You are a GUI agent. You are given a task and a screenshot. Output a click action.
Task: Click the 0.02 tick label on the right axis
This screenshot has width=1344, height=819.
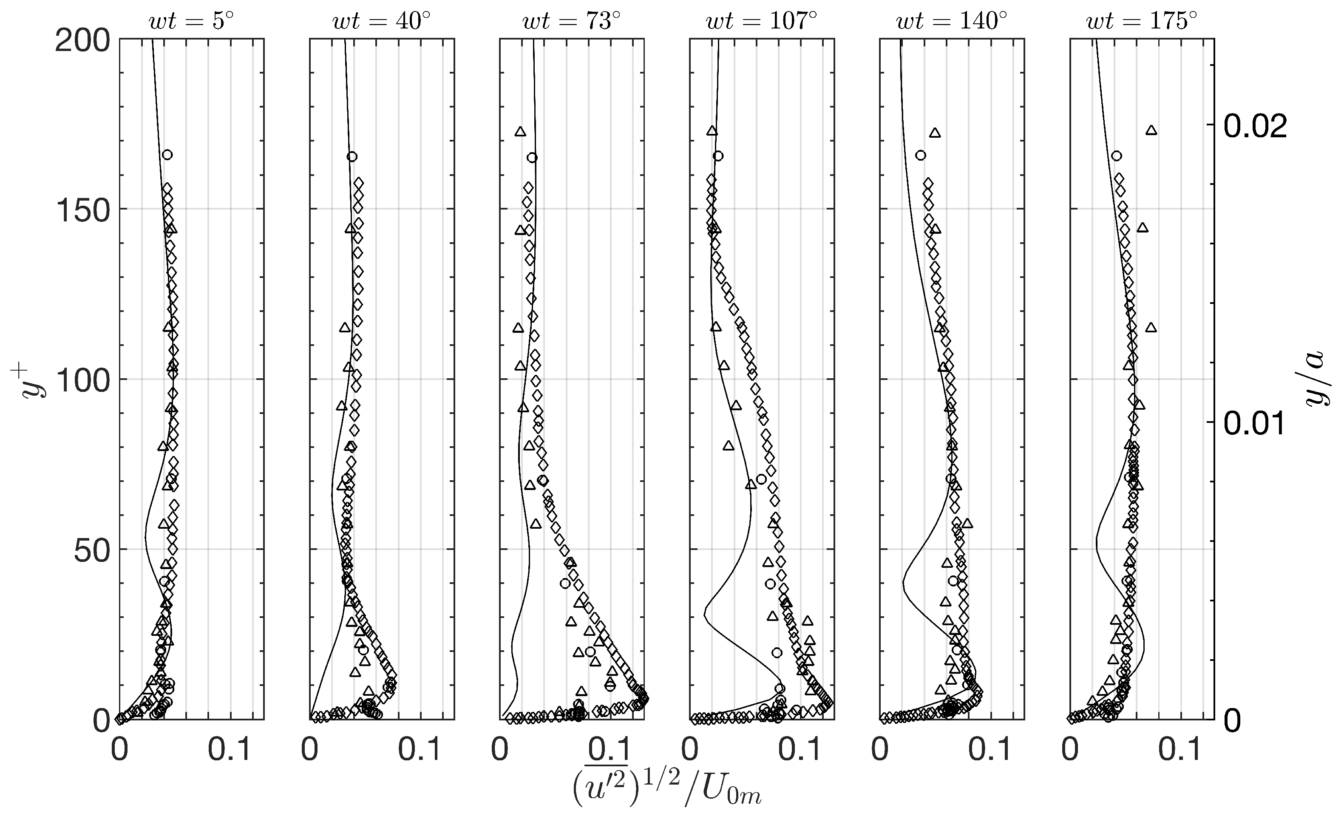(1255, 127)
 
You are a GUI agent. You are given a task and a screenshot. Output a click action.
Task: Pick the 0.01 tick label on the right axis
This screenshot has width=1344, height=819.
(1255, 424)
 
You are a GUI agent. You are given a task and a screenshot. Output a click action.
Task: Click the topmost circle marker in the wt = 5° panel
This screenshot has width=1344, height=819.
(167, 155)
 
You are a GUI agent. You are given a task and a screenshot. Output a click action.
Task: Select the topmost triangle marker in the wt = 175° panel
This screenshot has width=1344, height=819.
(1151, 130)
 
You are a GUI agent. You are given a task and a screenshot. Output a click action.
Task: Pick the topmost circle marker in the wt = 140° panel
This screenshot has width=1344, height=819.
(921, 156)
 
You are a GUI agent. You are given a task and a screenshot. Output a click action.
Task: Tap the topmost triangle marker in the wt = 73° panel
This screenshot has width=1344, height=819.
(520, 131)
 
